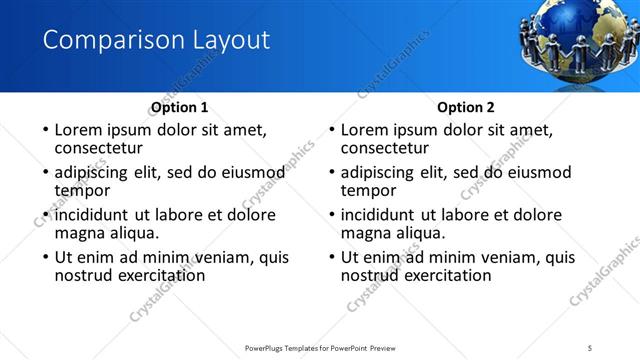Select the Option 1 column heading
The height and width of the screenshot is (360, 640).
[179, 107]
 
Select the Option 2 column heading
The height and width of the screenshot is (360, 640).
[466, 107]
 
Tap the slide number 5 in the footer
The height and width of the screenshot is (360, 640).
[591, 347]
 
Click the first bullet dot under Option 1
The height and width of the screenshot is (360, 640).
[44, 130]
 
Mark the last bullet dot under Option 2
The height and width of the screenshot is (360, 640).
[331, 257]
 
